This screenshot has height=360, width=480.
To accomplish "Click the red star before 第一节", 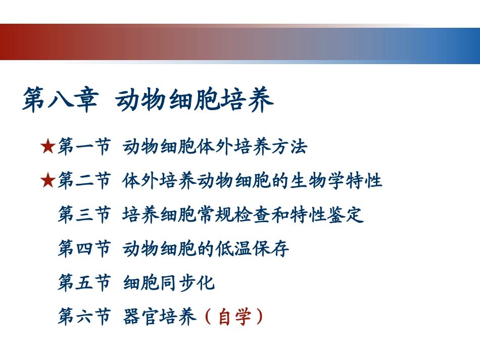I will pos(47,147).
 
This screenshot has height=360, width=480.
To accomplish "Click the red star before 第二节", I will pos(47,180).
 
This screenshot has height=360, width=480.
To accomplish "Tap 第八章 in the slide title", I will pos(60,100).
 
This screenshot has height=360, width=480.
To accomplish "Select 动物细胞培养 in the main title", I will pos(195,100).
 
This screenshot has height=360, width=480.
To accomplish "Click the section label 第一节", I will pos(84,147).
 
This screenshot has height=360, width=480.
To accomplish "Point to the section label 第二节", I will pos(84,180).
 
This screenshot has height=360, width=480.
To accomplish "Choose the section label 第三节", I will pos(84,215).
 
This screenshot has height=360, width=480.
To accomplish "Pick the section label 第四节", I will pos(84,248).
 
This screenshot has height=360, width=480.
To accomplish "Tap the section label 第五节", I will pos(84,283).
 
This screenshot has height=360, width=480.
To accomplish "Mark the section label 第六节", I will pos(84,317).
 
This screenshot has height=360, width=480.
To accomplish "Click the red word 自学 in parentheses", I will pos(234,317).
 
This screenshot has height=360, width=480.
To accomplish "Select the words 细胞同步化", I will pos(169,283).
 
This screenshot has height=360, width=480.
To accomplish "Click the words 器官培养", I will pos(159,317).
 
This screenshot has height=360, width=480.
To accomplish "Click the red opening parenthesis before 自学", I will pos(208,317).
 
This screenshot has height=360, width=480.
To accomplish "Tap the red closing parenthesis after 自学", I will pos(260,317).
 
